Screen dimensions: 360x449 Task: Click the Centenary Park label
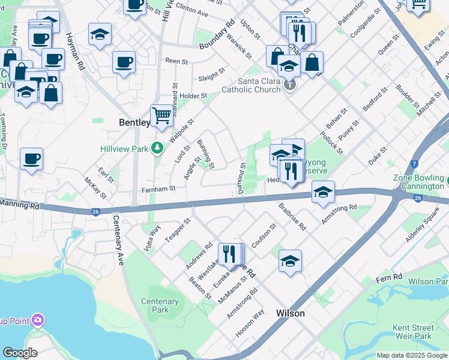[x=160, y=305]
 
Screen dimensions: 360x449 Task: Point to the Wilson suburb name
[x=290, y=313]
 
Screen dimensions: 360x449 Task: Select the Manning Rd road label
[x=19, y=206]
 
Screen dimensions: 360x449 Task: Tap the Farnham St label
[x=158, y=188]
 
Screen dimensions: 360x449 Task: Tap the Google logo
[x=20, y=353]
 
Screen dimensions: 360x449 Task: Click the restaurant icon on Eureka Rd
[x=229, y=254]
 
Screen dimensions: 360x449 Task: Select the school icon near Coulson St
[x=290, y=260]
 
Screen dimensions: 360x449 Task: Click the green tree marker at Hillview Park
[x=157, y=147]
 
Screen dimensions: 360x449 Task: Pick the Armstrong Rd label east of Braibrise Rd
[x=339, y=214]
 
